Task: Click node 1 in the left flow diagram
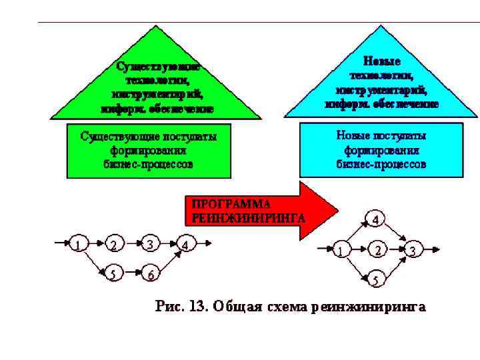[x=79, y=245]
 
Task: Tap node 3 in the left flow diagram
[x=151, y=245]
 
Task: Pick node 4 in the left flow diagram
[x=187, y=245]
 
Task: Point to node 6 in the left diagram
[x=151, y=273]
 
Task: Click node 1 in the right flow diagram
[x=341, y=251]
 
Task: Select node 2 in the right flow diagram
[x=378, y=251]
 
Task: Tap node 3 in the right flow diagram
[x=413, y=251]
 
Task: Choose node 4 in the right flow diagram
[x=375, y=219]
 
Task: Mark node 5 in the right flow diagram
[x=375, y=281]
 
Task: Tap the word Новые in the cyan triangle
[x=382, y=61]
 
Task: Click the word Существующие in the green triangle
[x=159, y=67]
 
